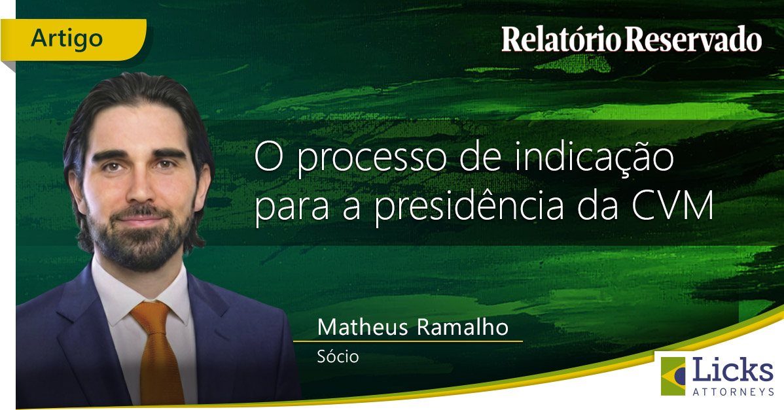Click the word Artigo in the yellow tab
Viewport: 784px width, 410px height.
[x=67, y=39]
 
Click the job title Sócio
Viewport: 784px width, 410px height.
[x=338, y=358]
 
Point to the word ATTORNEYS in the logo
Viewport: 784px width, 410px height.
[x=733, y=391]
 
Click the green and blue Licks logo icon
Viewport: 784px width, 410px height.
[x=674, y=376]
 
